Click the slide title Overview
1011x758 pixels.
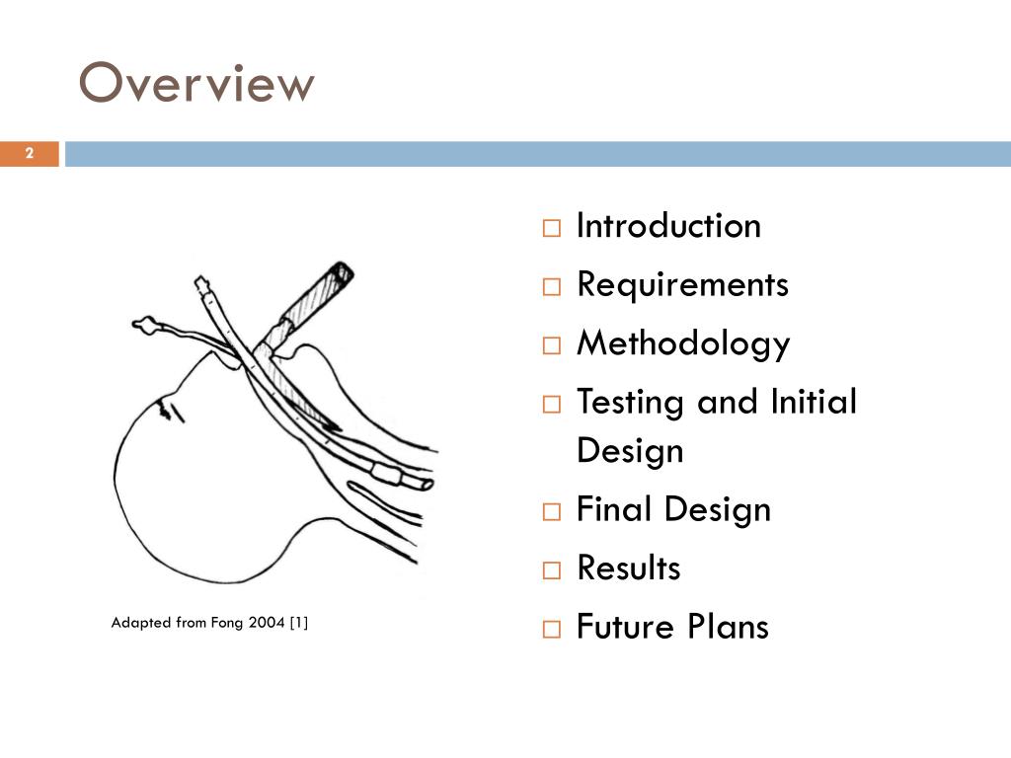tap(196, 84)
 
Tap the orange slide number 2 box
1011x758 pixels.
tap(30, 153)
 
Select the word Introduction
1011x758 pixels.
tap(668, 226)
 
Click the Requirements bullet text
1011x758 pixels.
tap(682, 285)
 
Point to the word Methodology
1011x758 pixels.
tap(683, 344)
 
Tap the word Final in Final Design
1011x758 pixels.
tap(614, 510)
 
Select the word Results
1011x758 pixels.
tap(628, 568)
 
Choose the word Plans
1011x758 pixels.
tap(729, 628)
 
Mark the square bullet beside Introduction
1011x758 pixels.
tap(551, 228)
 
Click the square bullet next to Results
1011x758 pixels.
tap(551, 570)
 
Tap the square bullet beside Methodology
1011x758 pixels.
tap(551, 346)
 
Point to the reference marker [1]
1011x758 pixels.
tap(299, 623)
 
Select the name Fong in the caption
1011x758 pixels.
tap(227, 623)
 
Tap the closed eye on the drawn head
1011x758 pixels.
tap(171, 408)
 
